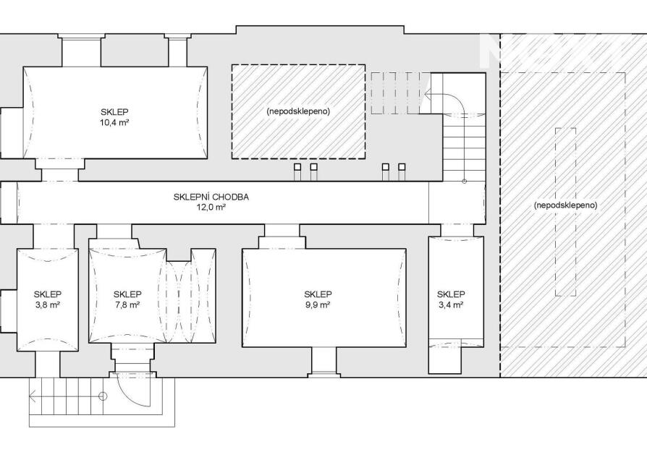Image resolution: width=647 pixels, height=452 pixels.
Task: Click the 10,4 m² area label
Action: pos(115,123)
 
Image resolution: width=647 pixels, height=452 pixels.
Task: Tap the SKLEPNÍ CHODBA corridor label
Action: pos(211,197)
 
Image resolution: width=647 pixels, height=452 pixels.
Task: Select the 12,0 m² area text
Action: pos(211,208)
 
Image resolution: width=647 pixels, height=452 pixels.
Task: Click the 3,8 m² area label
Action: pos(47,305)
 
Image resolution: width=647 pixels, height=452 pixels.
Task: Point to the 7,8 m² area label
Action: pos(127,305)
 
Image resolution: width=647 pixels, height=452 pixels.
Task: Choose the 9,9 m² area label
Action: pos(318,305)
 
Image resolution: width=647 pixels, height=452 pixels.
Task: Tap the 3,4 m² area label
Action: pos(451,305)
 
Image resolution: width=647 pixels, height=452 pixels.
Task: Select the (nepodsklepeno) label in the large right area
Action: pos(566,205)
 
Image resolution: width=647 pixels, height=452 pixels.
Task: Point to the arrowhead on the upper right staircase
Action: pos(427,93)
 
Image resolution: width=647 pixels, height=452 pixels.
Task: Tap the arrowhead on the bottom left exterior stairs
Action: pos(33,396)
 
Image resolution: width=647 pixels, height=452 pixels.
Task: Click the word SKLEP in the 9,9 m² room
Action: pos(318,294)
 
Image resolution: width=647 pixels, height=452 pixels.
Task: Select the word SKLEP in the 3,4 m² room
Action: pos(451,294)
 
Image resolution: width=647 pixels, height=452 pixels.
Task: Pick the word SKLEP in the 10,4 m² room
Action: pos(115,112)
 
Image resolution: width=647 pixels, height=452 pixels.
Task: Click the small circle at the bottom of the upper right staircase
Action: pos(464,181)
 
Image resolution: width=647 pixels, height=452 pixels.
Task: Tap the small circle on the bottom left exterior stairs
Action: pos(103,396)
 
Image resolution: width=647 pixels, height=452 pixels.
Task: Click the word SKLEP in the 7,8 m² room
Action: pos(127,294)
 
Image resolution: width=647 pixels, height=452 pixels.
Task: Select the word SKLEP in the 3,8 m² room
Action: pos(47,294)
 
